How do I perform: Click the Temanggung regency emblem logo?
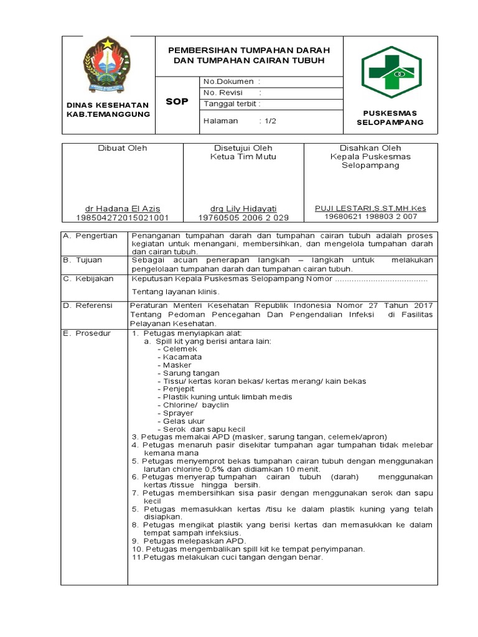[x=108, y=64]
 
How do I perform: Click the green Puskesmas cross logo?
[x=391, y=72]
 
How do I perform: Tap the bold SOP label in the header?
[x=177, y=101]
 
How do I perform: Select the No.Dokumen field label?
[x=228, y=81]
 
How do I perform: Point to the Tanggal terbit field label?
[x=232, y=104]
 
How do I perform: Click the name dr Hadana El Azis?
[x=122, y=208]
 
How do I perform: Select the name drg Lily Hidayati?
[x=243, y=208]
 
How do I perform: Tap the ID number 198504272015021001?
[x=122, y=218]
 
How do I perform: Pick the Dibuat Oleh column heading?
[x=122, y=148]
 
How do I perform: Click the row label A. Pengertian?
[x=91, y=236]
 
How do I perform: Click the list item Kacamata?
[x=179, y=358]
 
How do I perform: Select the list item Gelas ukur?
[x=180, y=421]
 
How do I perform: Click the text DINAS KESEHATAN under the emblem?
[x=108, y=105]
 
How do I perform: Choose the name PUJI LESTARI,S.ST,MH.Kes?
[x=370, y=208]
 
